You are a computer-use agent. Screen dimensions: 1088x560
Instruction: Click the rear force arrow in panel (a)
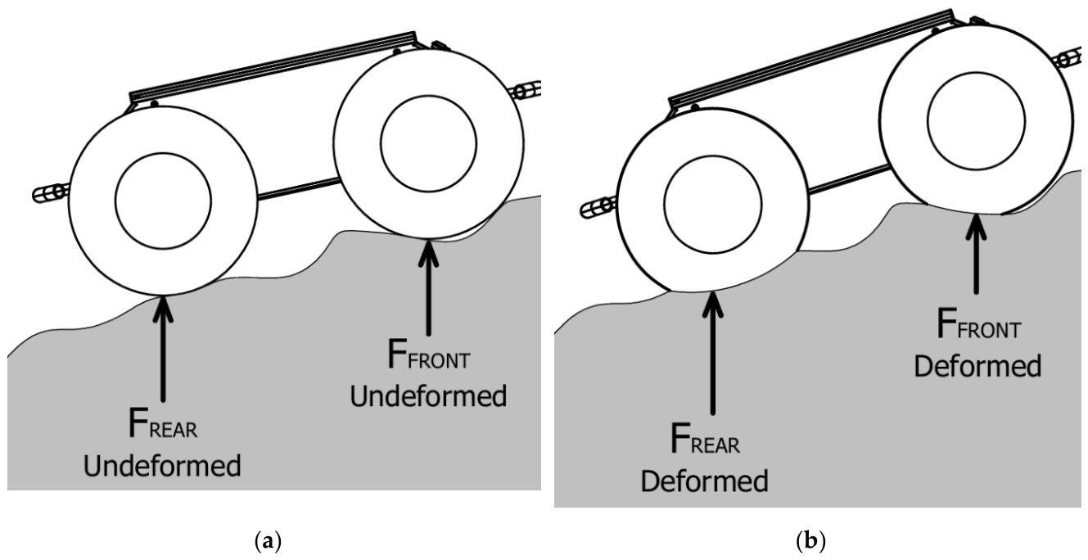[163, 348]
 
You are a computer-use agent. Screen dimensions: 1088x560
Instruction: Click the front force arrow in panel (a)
[428, 287]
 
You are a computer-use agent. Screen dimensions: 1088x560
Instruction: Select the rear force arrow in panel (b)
[712, 353]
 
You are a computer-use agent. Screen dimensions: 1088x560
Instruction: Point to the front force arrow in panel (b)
[977, 254]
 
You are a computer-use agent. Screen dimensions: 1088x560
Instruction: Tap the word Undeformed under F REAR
[162, 466]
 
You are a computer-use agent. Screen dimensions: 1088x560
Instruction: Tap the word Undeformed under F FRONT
[428, 396]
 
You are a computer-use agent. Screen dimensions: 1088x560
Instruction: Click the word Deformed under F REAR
[705, 481]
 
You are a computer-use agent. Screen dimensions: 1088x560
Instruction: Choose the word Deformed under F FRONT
[977, 366]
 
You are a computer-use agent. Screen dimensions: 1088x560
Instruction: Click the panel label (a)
[269, 540]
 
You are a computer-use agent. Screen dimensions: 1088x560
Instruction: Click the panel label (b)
[811, 540]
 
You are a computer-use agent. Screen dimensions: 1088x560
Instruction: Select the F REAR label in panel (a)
[163, 424]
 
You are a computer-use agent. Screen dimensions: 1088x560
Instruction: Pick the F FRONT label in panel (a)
[429, 355]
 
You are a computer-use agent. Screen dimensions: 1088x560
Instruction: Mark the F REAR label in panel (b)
[705, 439]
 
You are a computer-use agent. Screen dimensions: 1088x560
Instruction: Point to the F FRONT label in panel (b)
[979, 323]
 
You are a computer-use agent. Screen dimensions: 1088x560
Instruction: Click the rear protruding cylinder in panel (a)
[51, 192]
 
